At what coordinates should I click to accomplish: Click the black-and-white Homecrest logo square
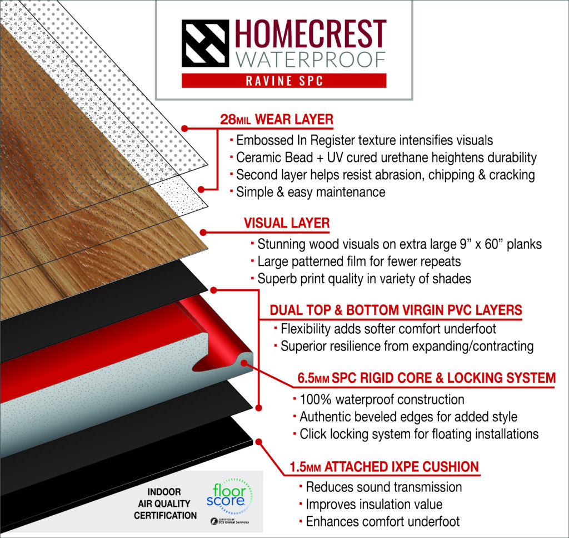pos(206,43)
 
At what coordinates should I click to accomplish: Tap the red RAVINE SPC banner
pos(284,81)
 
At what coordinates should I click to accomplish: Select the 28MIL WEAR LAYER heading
pos(277,120)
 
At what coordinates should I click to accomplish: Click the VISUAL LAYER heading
pos(287,223)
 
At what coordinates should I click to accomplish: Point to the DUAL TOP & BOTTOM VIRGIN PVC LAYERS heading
pos(396,310)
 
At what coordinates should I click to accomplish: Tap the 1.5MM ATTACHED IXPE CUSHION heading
pos(385,467)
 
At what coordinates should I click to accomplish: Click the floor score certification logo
pos(228,496)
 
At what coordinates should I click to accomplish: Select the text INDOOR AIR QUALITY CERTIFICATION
pos(165,504)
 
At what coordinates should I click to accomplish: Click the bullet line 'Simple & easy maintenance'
pos(308,192)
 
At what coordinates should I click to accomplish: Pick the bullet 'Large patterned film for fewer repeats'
pos(356,261)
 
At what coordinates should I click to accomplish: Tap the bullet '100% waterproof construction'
pos(379,399)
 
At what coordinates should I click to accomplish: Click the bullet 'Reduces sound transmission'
pos(381,487)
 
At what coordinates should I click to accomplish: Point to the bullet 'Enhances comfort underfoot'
pos(380,522)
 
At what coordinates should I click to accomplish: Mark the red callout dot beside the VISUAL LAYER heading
pos(203,233)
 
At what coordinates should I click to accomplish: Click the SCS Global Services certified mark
pos(230,521)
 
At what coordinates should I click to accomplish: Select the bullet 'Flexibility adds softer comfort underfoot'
pos(385,329)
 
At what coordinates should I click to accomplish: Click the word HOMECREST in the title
pos(311,34)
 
